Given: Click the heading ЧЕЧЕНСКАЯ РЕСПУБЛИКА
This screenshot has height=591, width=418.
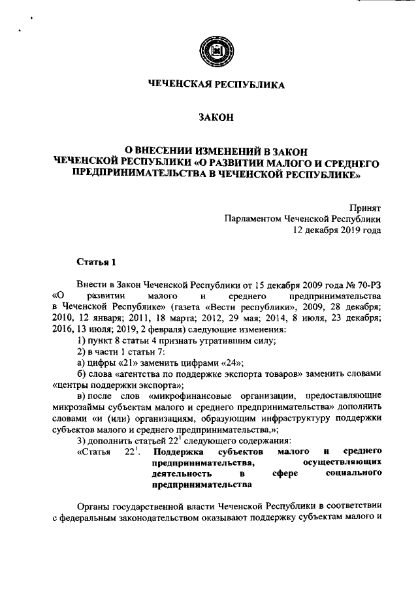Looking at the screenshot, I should click(x=215, y=85).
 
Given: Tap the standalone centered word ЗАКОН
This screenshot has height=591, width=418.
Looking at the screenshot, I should click(x=215, y=118).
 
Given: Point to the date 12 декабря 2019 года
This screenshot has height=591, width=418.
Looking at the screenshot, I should click(x=337, y=229).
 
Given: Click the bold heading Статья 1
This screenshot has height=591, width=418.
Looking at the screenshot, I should click(x=96, y=263).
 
